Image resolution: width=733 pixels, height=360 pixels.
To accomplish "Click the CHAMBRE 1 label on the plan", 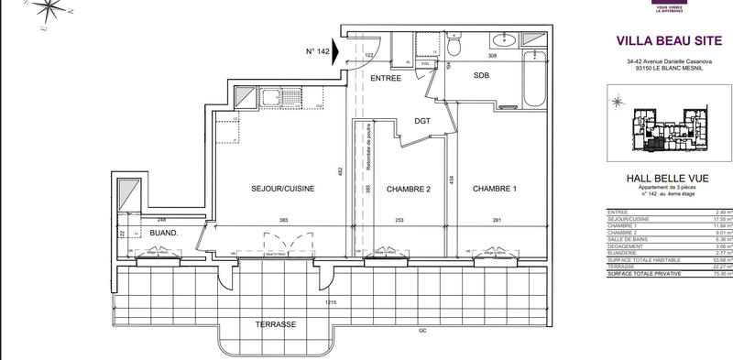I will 495,189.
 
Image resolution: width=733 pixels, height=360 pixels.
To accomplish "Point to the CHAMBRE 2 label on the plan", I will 408,189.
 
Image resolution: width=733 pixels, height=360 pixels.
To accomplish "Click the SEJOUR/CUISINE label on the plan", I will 283,189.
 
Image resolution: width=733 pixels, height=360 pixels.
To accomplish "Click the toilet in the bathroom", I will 454,45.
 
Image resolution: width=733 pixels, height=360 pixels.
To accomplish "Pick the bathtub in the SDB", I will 533,81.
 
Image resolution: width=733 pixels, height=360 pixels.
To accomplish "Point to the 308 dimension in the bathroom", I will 491,57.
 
